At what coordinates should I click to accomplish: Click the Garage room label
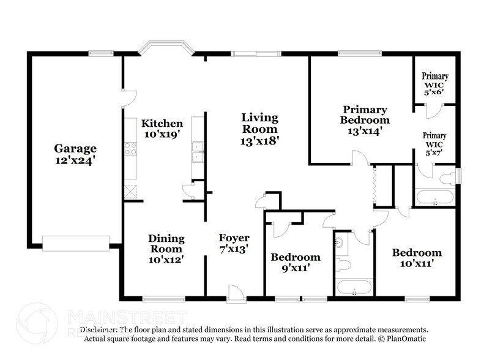click(75, 154)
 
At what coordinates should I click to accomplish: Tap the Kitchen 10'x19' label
click(162, 129)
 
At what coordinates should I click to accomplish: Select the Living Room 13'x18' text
click(259, 128)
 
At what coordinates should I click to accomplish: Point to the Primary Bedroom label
click(365, 120)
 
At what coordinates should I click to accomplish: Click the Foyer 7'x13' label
click(234, 243)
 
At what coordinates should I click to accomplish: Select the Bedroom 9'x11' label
click(296, 262)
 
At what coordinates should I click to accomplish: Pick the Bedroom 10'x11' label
click(417, 258)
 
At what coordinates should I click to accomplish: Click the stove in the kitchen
click(130, 148)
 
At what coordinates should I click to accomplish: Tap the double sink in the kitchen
click(198, 152)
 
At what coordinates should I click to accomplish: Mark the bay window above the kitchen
click(164, 48)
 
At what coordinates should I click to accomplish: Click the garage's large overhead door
click(75, 243)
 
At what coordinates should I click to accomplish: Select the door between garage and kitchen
click(126, 96)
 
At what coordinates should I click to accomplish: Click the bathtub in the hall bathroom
click(354, 287)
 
